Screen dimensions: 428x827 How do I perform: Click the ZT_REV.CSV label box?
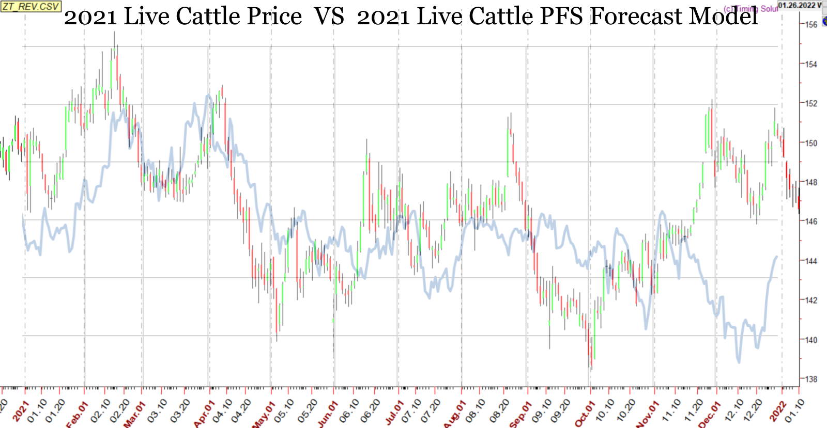pyautogui.click(x=30, y=6)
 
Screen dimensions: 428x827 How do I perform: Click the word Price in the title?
pyautogui.click(x=274, y=17)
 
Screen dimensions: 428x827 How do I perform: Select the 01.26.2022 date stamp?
pyautogui.click(x=799, y=5)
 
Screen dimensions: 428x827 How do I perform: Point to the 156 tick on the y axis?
pyautogui.click(x=811, y=25)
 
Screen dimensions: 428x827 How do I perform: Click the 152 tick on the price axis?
pyautogui.click(x=811, y=103)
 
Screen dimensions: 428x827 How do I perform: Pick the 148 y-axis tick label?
pyautogui.click(x=811, y=182)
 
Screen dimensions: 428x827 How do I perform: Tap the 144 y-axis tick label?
pyautogui.click(x=811, y=261)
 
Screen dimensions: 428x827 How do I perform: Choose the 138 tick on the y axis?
pyautogui.click(x=811, y=379)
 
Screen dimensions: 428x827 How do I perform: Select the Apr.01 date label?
pyautogui.click(x=204, y=414)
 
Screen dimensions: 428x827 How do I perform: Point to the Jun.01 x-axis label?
pyautogui.click(x=328, y=414)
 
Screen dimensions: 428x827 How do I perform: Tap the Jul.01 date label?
pyautogui.click(x=393, y=413)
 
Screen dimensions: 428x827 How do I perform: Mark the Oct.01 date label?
pyautogui.click(x=584, y=414)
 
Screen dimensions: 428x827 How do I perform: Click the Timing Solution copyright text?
pyautogui.click(x=751, y=9)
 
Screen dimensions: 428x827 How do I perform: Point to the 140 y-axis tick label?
pyautogui.click(x=811, y=340)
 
